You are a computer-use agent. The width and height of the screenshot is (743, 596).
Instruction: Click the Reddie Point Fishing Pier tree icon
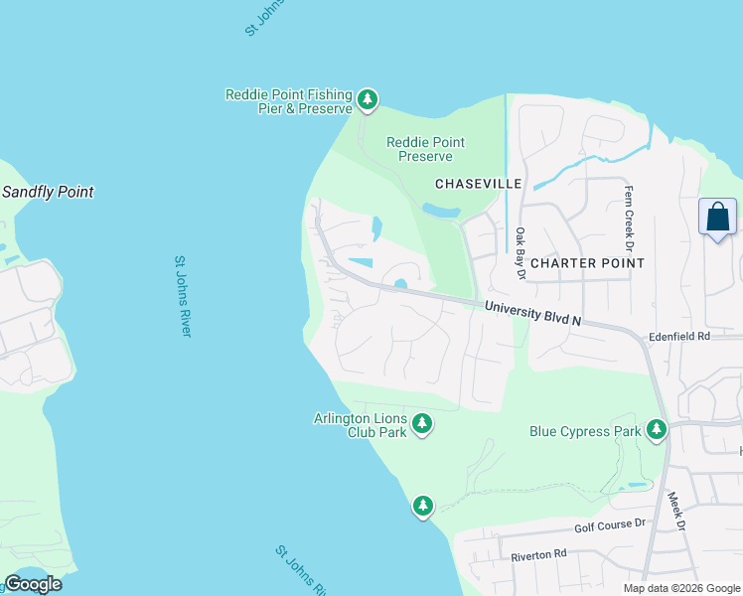[368, 99]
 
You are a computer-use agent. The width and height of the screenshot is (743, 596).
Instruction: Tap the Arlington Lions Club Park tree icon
[422, 425]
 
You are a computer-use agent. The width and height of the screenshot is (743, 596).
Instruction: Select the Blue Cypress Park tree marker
[656, 430]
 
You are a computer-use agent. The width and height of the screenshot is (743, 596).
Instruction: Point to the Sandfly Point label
[48, 192]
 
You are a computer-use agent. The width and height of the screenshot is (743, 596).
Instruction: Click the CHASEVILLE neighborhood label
[478, 184]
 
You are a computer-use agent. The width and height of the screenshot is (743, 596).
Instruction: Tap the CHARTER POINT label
[587, 263]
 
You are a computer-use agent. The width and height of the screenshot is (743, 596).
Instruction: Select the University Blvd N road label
[532, 314]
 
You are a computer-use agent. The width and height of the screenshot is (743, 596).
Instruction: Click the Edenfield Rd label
[680, 337]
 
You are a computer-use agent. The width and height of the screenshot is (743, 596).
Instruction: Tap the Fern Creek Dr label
[629, 217]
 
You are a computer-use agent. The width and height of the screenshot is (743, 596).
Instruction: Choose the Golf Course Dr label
[609, 523]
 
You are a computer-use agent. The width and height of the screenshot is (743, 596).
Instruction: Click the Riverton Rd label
[538, 553]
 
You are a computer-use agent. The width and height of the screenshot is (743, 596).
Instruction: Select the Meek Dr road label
[677, 513]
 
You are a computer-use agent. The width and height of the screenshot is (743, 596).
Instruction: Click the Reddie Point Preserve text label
[425, 149]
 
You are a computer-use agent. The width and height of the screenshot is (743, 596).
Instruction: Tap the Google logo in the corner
[33, 583]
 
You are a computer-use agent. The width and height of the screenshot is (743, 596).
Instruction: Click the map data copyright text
[681, 588]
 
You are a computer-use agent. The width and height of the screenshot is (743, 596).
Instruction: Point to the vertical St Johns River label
[182, 296]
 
